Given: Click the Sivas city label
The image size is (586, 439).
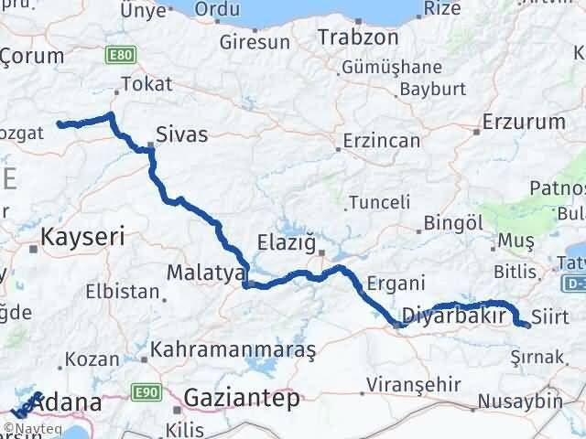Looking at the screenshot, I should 182,135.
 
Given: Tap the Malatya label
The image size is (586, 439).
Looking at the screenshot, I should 206,273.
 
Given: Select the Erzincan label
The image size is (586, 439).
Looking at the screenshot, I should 381,142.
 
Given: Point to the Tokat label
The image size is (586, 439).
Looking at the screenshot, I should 151,84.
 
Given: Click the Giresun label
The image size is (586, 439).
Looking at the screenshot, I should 255,42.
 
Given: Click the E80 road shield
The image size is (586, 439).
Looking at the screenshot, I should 116,57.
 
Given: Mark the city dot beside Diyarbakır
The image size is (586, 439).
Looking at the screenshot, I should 396,322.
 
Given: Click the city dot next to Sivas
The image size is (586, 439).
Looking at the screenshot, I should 152,145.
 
